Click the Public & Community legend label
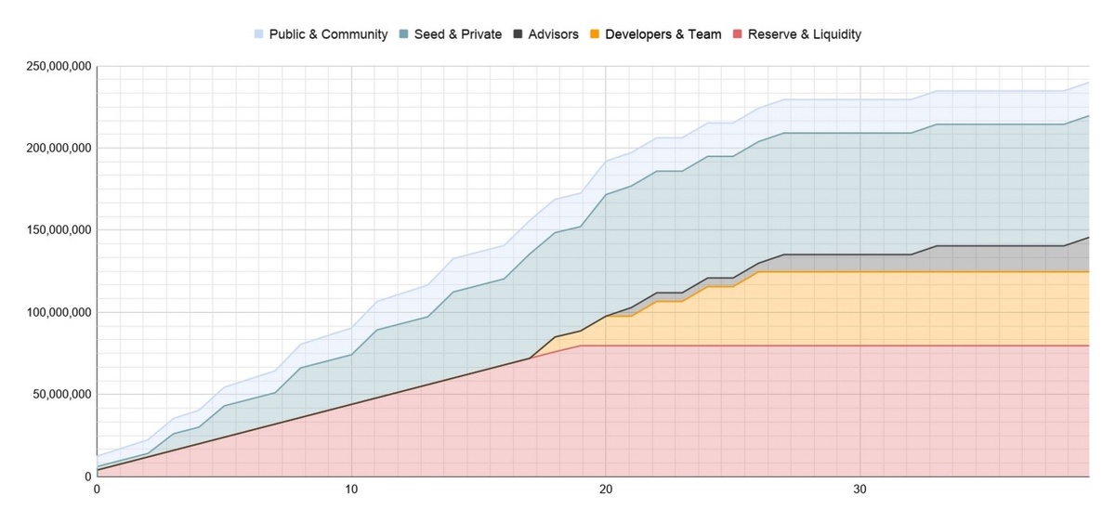coord(328,34)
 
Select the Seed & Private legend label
coord(457,34)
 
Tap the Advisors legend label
coord(553,34)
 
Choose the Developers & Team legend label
coord(662,34)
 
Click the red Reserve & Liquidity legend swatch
coord(738,34)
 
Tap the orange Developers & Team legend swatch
coord(596,34)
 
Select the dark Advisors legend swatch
coord(518,34)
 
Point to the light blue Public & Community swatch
coord(259,34)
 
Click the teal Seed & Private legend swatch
coord(403,34)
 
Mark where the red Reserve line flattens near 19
coord(580,346)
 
